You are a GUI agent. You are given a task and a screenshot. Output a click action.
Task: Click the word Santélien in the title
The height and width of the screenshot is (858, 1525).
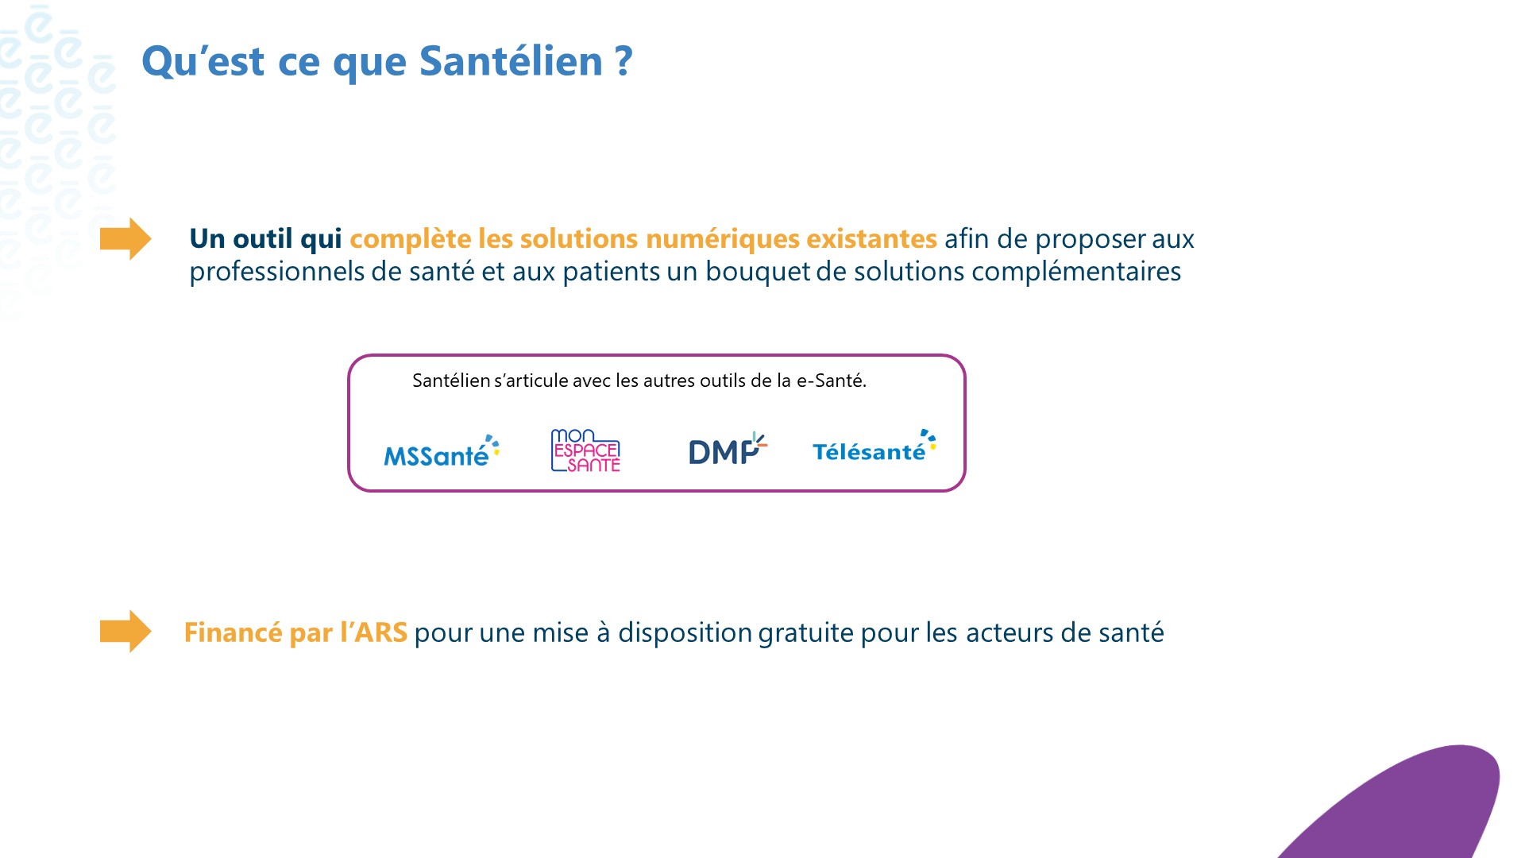(511, 62)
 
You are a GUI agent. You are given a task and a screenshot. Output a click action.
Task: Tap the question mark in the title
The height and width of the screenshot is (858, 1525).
(624, 62)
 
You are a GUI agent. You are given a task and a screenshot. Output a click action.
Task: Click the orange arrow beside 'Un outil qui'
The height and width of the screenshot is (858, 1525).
(125, 238)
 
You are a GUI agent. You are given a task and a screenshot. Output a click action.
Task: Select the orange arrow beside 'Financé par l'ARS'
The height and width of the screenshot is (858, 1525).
(125, 632)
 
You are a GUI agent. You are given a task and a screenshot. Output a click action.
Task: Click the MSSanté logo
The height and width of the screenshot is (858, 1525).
(441, 452)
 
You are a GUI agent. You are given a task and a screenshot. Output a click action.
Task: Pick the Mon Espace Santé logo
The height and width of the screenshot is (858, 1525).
(585, 450)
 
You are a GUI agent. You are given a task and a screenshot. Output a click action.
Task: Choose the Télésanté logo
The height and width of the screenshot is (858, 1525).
(873, 449)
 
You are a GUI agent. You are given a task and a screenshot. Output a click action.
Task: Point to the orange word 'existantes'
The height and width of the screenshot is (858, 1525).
(871, 239)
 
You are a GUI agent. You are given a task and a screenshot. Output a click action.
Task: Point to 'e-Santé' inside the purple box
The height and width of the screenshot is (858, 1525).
(831, 381)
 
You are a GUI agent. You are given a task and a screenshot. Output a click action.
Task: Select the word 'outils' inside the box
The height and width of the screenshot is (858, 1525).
(723, 381)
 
